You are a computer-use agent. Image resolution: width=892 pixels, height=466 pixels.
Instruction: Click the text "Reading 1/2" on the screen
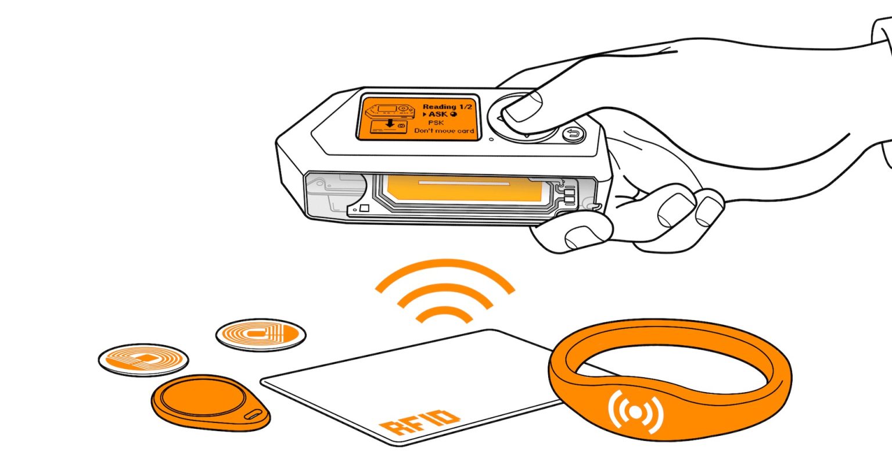coord(447,106)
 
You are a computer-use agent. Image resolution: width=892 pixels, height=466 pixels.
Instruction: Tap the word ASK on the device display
coord(438,114)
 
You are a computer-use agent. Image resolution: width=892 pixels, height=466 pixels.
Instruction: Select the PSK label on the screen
coord(436,123)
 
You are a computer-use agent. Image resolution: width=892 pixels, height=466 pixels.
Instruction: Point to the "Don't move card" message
coord(444,131)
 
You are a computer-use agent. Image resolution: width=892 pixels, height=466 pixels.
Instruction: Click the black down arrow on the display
coord(390,123)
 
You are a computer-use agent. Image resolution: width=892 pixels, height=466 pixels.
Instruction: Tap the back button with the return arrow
coord(573,134)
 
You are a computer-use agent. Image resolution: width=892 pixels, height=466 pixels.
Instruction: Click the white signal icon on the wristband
coord(635,412)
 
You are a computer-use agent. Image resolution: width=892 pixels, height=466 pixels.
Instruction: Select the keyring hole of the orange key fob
coord(253,415)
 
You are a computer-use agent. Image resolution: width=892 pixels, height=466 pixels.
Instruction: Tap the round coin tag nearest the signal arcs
coord(261,335)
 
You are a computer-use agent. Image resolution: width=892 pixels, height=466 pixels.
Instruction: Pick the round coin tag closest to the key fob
coord(143,360)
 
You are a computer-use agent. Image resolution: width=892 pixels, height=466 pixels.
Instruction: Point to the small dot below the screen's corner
coord(491,139)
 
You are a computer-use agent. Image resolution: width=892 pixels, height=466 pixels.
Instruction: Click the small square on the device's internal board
coord(364,208)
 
